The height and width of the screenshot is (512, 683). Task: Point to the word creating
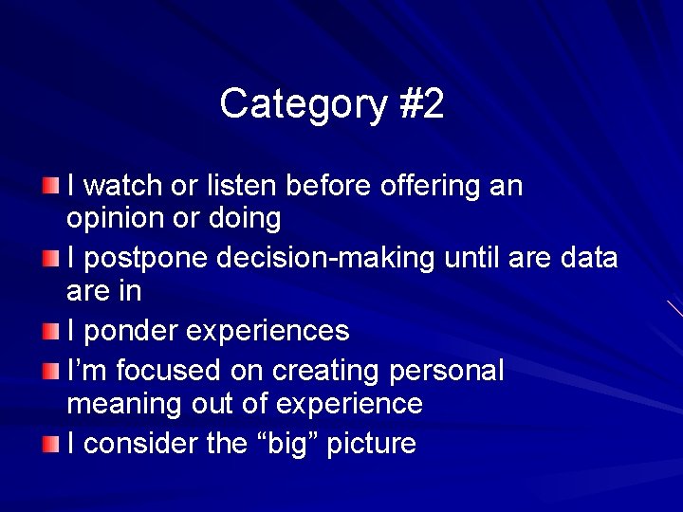pyautogui.click(x=333, y=371)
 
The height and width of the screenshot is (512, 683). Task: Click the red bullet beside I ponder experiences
pyautogui.click(x=50, y=331)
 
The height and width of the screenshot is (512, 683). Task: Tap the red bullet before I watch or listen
pyautogui.click(x=50, y=183)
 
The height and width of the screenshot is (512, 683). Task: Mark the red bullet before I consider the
pyautogui.click(x=50, y=442)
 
